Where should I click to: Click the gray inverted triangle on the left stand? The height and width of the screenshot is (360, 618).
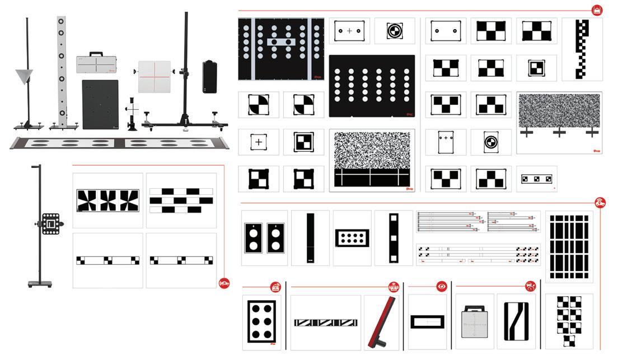[24, 76]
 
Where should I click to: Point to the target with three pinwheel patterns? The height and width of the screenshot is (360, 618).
[108, 200]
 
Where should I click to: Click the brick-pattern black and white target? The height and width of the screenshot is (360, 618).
[181, 200]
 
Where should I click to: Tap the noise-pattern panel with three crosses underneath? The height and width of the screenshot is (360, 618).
[559, 115]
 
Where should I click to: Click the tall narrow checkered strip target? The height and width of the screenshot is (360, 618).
[582, 49]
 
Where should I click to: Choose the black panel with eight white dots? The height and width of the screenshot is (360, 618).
[351, 238]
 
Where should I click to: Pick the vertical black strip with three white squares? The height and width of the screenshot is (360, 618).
[394, 238]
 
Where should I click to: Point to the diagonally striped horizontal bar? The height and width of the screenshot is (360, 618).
[326, 322]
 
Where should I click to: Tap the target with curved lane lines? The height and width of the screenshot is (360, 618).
[516, 322]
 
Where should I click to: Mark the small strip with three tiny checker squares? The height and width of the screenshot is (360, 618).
[536, 179]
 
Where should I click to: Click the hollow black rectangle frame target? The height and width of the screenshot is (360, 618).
[427, 322]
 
